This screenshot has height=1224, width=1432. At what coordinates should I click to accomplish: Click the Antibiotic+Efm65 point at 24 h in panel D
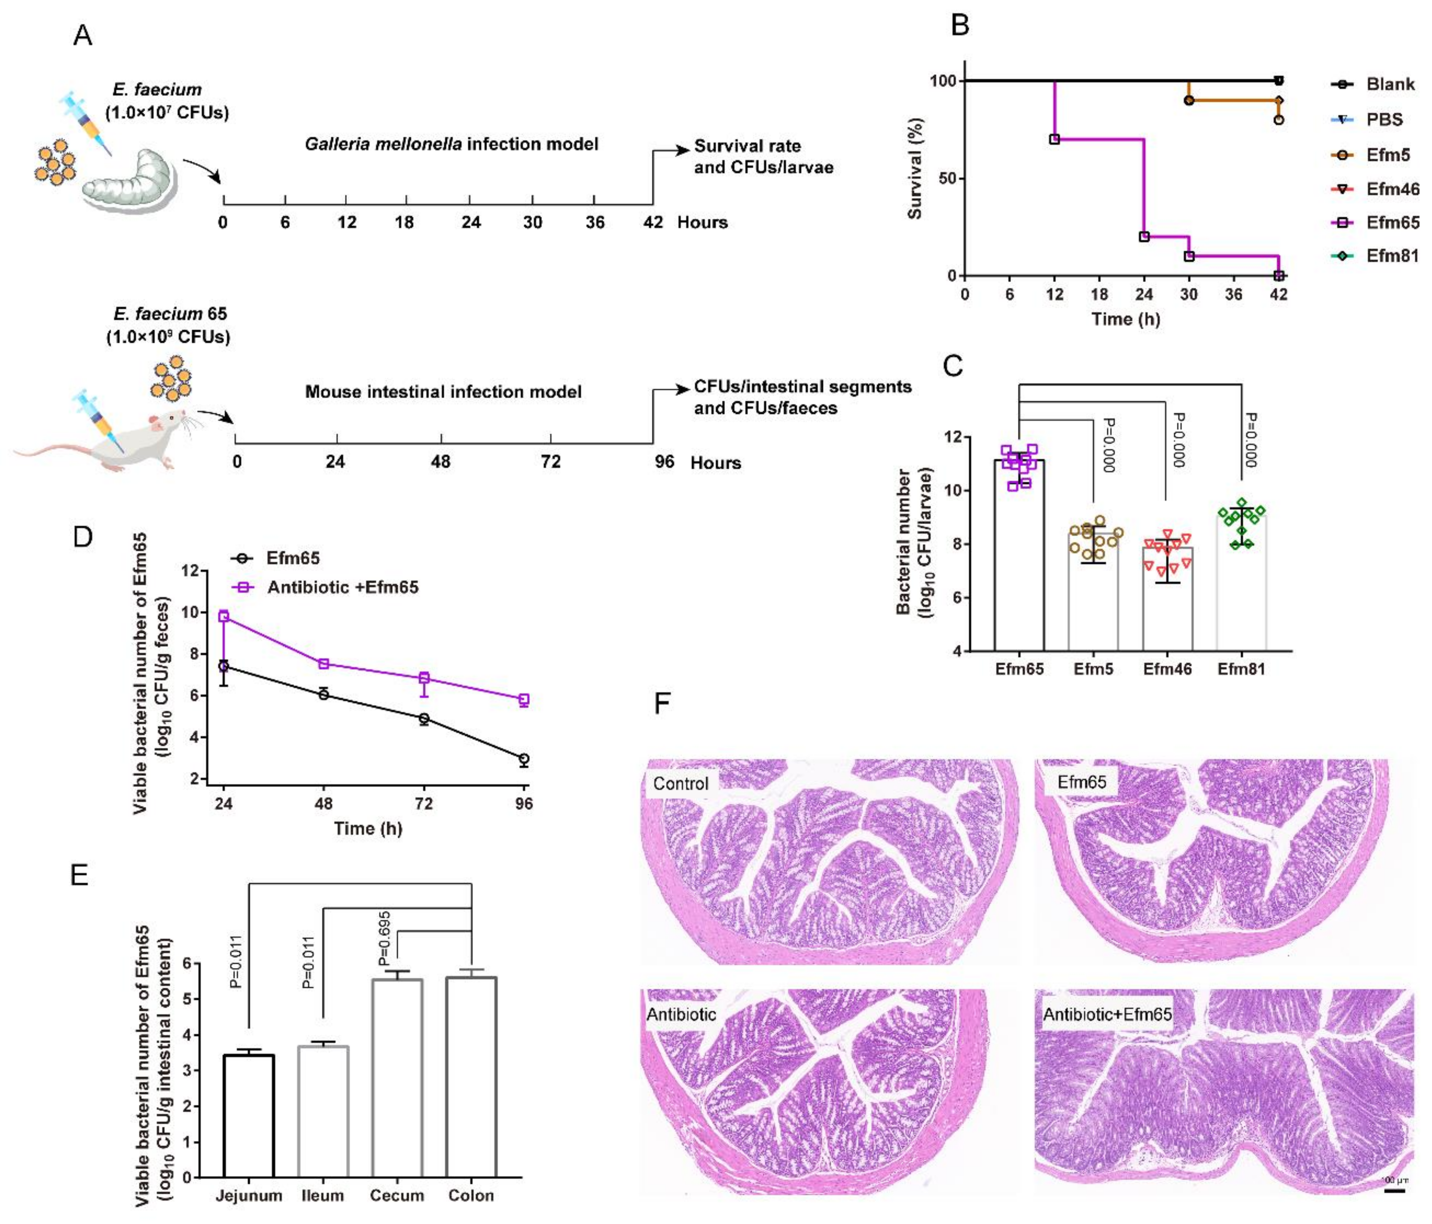[x=223, y=616]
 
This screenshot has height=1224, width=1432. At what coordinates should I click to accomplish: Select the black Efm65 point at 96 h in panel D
[x=524, y=759]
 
